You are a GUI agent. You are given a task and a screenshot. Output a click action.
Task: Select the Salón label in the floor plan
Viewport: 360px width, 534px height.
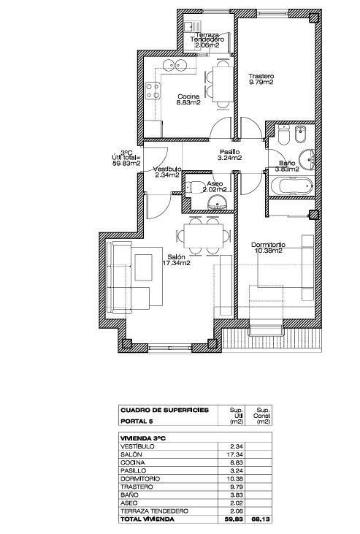click(177, 259)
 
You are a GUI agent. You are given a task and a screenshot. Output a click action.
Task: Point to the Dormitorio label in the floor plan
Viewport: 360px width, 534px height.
click(268, 247)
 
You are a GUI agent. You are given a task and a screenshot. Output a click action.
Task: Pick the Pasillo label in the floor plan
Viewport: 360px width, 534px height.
click(231, 154)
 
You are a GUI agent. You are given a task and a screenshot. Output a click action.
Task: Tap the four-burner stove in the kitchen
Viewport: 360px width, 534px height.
click(153, 91)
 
